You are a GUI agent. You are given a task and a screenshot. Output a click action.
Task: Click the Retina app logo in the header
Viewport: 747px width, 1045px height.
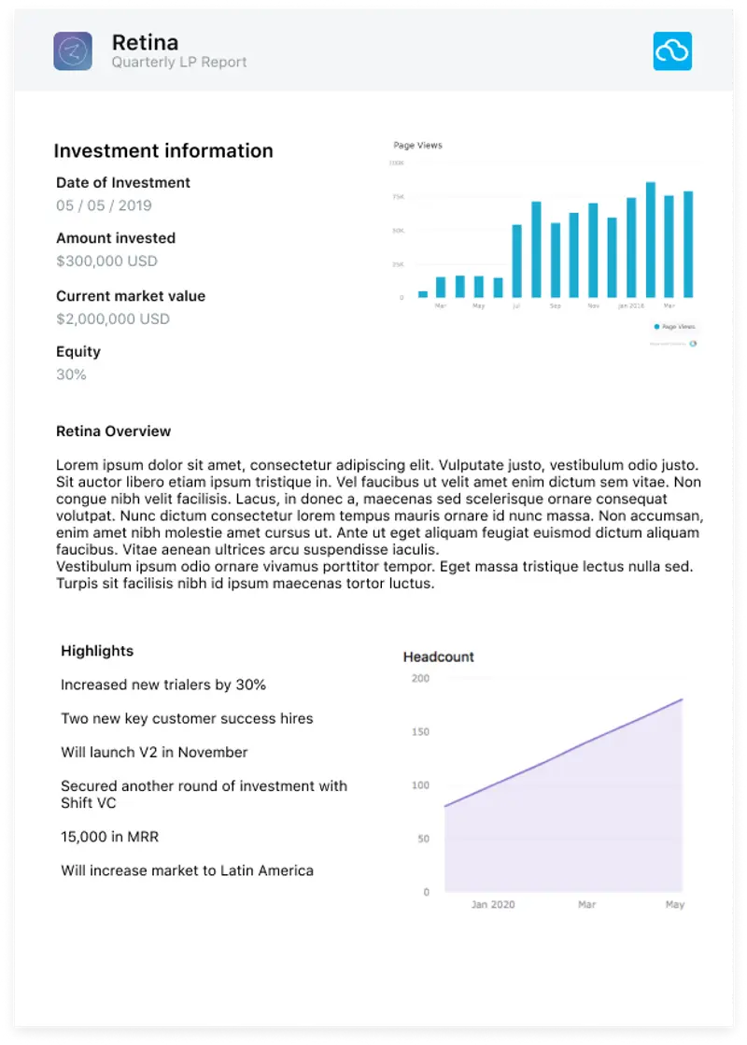click(x=73, y=51)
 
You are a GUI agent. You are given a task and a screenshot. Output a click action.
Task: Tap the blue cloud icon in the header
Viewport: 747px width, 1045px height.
click(x=672, y=51)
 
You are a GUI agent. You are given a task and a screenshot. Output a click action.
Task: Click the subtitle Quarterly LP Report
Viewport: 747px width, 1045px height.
click(x=179, y=63)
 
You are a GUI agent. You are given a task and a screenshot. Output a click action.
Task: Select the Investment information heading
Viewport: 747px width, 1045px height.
click(x=163, y=151)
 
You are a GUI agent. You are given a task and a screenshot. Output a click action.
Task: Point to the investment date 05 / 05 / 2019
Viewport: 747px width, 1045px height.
click(x=104, y=205)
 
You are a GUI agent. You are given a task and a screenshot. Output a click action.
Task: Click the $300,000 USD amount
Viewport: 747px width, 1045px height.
click(x=106, y=261)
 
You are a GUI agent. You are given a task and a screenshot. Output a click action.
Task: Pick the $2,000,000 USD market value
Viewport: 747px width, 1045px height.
click(x=113, y=319)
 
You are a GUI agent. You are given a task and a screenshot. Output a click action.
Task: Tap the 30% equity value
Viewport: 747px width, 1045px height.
click(x=71, y=375)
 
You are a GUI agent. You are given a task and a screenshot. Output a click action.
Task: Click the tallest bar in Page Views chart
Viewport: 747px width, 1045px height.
click(x=650, y=240)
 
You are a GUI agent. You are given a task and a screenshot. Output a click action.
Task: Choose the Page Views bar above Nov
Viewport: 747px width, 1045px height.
click(x=593, y=250)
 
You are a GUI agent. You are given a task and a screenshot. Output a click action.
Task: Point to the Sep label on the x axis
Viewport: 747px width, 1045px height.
click(x=555, y=306)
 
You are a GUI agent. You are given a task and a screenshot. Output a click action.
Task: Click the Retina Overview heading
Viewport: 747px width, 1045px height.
click(x=113, y=431)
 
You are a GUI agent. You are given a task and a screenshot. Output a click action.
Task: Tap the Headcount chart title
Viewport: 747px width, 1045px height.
click(x=438, y=657)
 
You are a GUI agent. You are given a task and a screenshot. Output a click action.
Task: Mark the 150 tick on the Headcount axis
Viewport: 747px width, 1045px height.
click(x=420, y=732)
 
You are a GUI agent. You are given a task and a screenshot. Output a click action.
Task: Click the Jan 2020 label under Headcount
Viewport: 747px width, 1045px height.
click(x=492, y=905)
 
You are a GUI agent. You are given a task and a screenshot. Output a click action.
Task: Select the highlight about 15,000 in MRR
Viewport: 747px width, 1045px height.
click(x=109, y=837)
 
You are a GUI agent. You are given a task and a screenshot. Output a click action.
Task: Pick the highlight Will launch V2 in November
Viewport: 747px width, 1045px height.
click(x=154, y=753)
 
